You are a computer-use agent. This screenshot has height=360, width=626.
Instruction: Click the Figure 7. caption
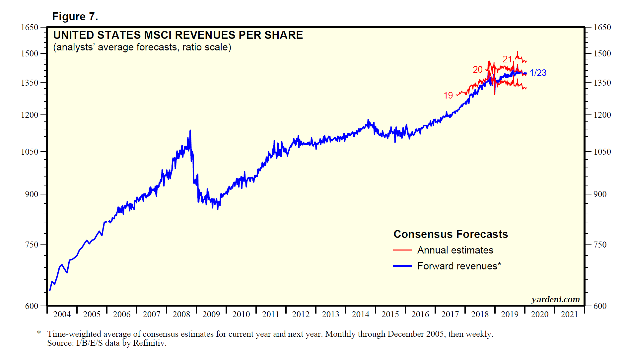(75, 17)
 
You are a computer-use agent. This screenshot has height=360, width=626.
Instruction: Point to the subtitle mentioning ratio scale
(142, 47)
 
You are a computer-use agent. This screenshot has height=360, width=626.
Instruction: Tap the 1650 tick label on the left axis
(30, 28)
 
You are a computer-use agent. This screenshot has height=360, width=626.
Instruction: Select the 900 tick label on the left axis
(32, 194)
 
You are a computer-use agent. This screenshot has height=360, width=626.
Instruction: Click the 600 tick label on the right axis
(600, 306)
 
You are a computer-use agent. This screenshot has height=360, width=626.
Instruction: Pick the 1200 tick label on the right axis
(602, 115)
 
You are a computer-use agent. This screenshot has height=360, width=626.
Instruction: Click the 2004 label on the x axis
(62, 314)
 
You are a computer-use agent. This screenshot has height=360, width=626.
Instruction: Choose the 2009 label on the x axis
(211, 314)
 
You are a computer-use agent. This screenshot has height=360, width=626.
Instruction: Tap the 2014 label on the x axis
(361, 314)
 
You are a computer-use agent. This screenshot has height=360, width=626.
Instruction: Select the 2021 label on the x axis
(569, 314)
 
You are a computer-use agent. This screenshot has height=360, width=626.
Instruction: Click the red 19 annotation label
(448, 96)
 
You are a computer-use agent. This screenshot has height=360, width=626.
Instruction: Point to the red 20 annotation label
(477, 70)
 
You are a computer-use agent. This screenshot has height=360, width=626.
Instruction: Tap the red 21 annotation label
(507, 59)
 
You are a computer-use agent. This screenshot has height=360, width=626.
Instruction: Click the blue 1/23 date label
(538, 73)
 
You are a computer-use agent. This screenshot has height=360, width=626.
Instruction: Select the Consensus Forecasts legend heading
(451, 234)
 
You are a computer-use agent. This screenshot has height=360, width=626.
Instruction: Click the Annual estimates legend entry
(455, 250)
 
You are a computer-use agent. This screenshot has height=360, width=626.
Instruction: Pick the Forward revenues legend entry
(459, 266)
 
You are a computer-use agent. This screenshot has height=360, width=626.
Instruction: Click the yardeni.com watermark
(555, 300)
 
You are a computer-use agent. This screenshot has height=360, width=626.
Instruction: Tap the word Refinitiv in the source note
(149, 343)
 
